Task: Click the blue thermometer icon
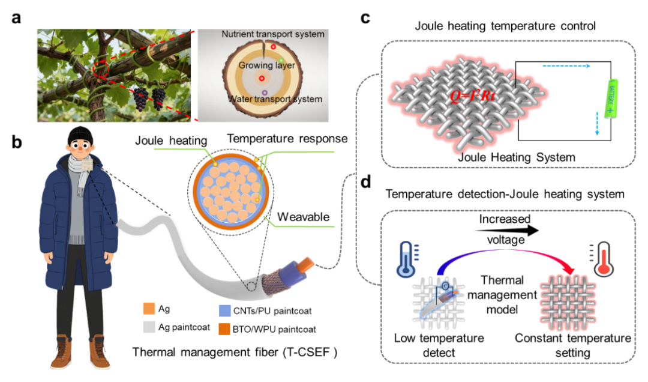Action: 406,259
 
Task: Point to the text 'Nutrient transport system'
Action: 273,34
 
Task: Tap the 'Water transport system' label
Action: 274,99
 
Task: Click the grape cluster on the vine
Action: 148,98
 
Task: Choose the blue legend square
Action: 224,310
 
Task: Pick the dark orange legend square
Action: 224,329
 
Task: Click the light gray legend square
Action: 149,327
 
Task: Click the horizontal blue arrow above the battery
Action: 566,66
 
